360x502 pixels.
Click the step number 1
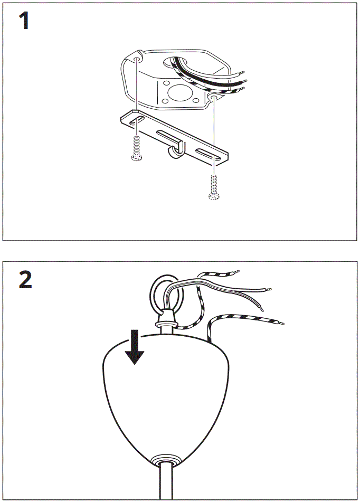click(x=24, y=22)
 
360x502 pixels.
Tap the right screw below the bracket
click(x=214, y=187)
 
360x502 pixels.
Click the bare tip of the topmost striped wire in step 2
click(x=237, y=272)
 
